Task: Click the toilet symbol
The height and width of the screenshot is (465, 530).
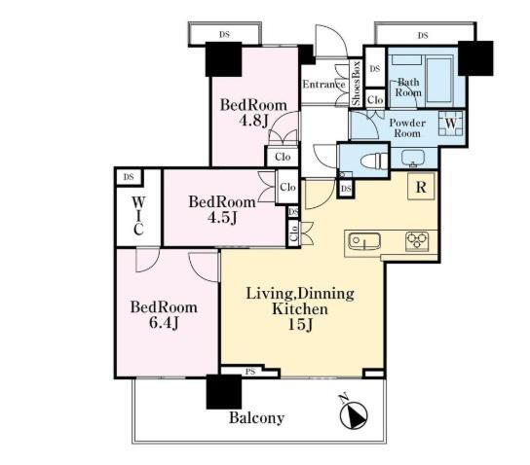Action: pos(373,160)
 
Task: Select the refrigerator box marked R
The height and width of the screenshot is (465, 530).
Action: pos(421,187)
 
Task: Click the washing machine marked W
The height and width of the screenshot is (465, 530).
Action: pos(450,124)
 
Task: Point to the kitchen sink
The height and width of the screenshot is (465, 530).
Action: pos(364,241)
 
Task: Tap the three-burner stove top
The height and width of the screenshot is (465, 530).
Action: pos(417,241)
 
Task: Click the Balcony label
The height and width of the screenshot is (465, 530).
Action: pos(256,418)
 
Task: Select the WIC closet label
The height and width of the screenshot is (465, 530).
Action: pos(138,216)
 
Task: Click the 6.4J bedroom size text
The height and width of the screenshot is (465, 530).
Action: pos(164,323)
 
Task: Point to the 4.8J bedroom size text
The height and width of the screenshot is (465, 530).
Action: pos(253,121)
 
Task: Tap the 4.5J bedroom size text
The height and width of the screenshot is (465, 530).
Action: pos(222,217)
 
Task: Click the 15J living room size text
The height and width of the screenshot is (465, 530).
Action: pos(300,325)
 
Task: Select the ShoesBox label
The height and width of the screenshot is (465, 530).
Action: pos(356,83)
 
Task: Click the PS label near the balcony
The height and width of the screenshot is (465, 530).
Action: pos(250,372)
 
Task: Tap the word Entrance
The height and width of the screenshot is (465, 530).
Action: pos(323,84)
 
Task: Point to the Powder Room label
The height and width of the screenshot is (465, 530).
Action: pos(407,127)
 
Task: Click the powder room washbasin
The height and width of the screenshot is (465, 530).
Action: pos(413,158)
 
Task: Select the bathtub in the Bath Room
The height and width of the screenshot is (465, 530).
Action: pos(439,80)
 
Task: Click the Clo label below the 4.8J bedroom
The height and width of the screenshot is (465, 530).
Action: pos(283,157)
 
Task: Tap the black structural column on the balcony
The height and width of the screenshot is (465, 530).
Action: pos(224,392)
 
